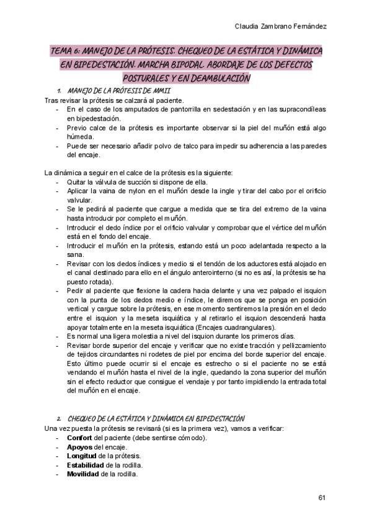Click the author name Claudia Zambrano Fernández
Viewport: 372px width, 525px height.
(281, 27)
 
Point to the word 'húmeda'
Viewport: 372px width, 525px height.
(80, 137)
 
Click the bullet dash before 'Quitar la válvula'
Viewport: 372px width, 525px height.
(57, 182)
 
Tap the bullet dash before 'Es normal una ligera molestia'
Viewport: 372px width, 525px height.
(57, 336)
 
